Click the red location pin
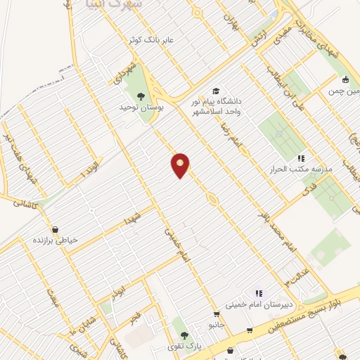[x=180, y=165]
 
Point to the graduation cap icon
[x=216, y=92]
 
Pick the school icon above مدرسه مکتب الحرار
[x=300, y=158]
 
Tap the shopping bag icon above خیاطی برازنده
[x=55, y=229]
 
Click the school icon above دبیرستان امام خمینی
[x=258, y=293]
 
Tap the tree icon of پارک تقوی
[x=184, y=335]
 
